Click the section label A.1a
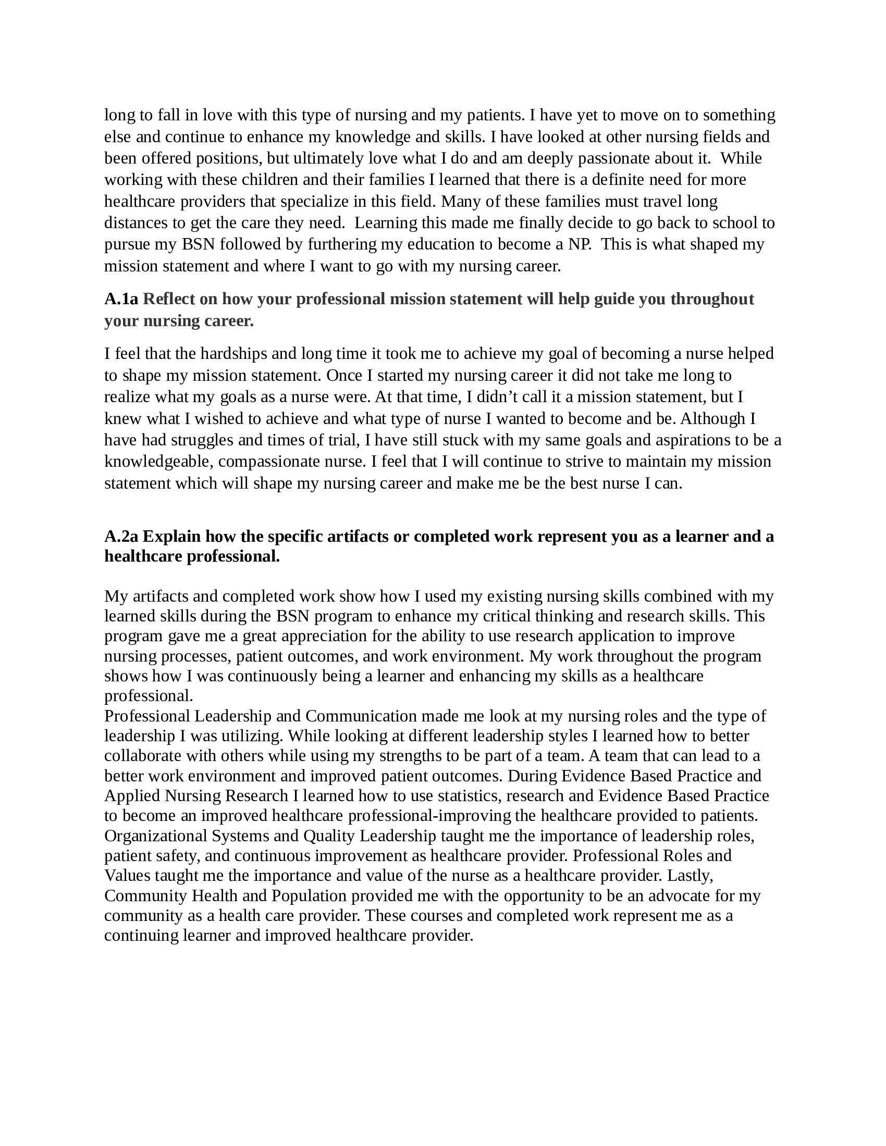click(121, 299)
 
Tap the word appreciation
click(322, 636)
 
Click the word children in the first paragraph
click(269, 180)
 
